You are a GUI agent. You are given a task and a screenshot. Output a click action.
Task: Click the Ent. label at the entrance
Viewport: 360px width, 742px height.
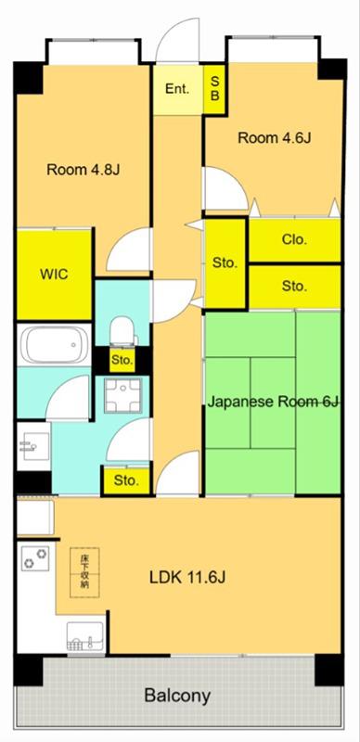pyautogui.click(x=177, y=88)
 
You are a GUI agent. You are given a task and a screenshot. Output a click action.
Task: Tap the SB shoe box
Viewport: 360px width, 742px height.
pyautogui.click(x=214, y=89)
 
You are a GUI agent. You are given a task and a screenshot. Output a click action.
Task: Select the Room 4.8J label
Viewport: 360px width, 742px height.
pyautogui.click(x=83, y=170)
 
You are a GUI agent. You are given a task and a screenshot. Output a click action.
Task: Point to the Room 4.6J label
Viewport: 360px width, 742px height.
pyautogui.click(x=275, y=138)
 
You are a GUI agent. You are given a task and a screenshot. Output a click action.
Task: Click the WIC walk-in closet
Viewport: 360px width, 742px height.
pyautogui.click(x=54, y=275)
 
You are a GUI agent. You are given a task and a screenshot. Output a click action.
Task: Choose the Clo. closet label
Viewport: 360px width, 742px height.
pyautogui.click(x=294, y=239)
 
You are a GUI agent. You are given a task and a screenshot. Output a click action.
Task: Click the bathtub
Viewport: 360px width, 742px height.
pyautogui.click(x=53, y=344)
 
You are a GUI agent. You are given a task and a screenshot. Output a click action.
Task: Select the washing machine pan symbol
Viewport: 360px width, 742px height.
pyautogui.click(x=123, y=395)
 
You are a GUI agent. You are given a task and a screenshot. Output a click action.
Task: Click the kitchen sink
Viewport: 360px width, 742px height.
pyautogui.click(x=85, y=637)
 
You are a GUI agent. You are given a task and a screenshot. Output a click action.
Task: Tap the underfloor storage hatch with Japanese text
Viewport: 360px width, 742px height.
pyautogui.click(x=84, y=572)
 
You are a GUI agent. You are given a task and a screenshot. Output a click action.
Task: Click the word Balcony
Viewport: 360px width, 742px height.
pyautogui.click(x=177, y=696)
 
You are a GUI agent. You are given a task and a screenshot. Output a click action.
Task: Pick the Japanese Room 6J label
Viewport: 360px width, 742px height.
pyautogui.click(x=274, y=403)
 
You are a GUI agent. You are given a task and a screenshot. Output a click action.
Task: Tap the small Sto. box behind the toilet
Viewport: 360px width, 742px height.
pyautogui.click(x=122, y=360)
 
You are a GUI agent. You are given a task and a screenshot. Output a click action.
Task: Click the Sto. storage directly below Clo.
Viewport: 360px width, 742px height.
pyautogui.click(x=295, y=286)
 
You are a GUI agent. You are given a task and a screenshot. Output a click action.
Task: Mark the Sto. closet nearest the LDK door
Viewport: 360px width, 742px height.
pyautogui.click(x=126, y=481)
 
